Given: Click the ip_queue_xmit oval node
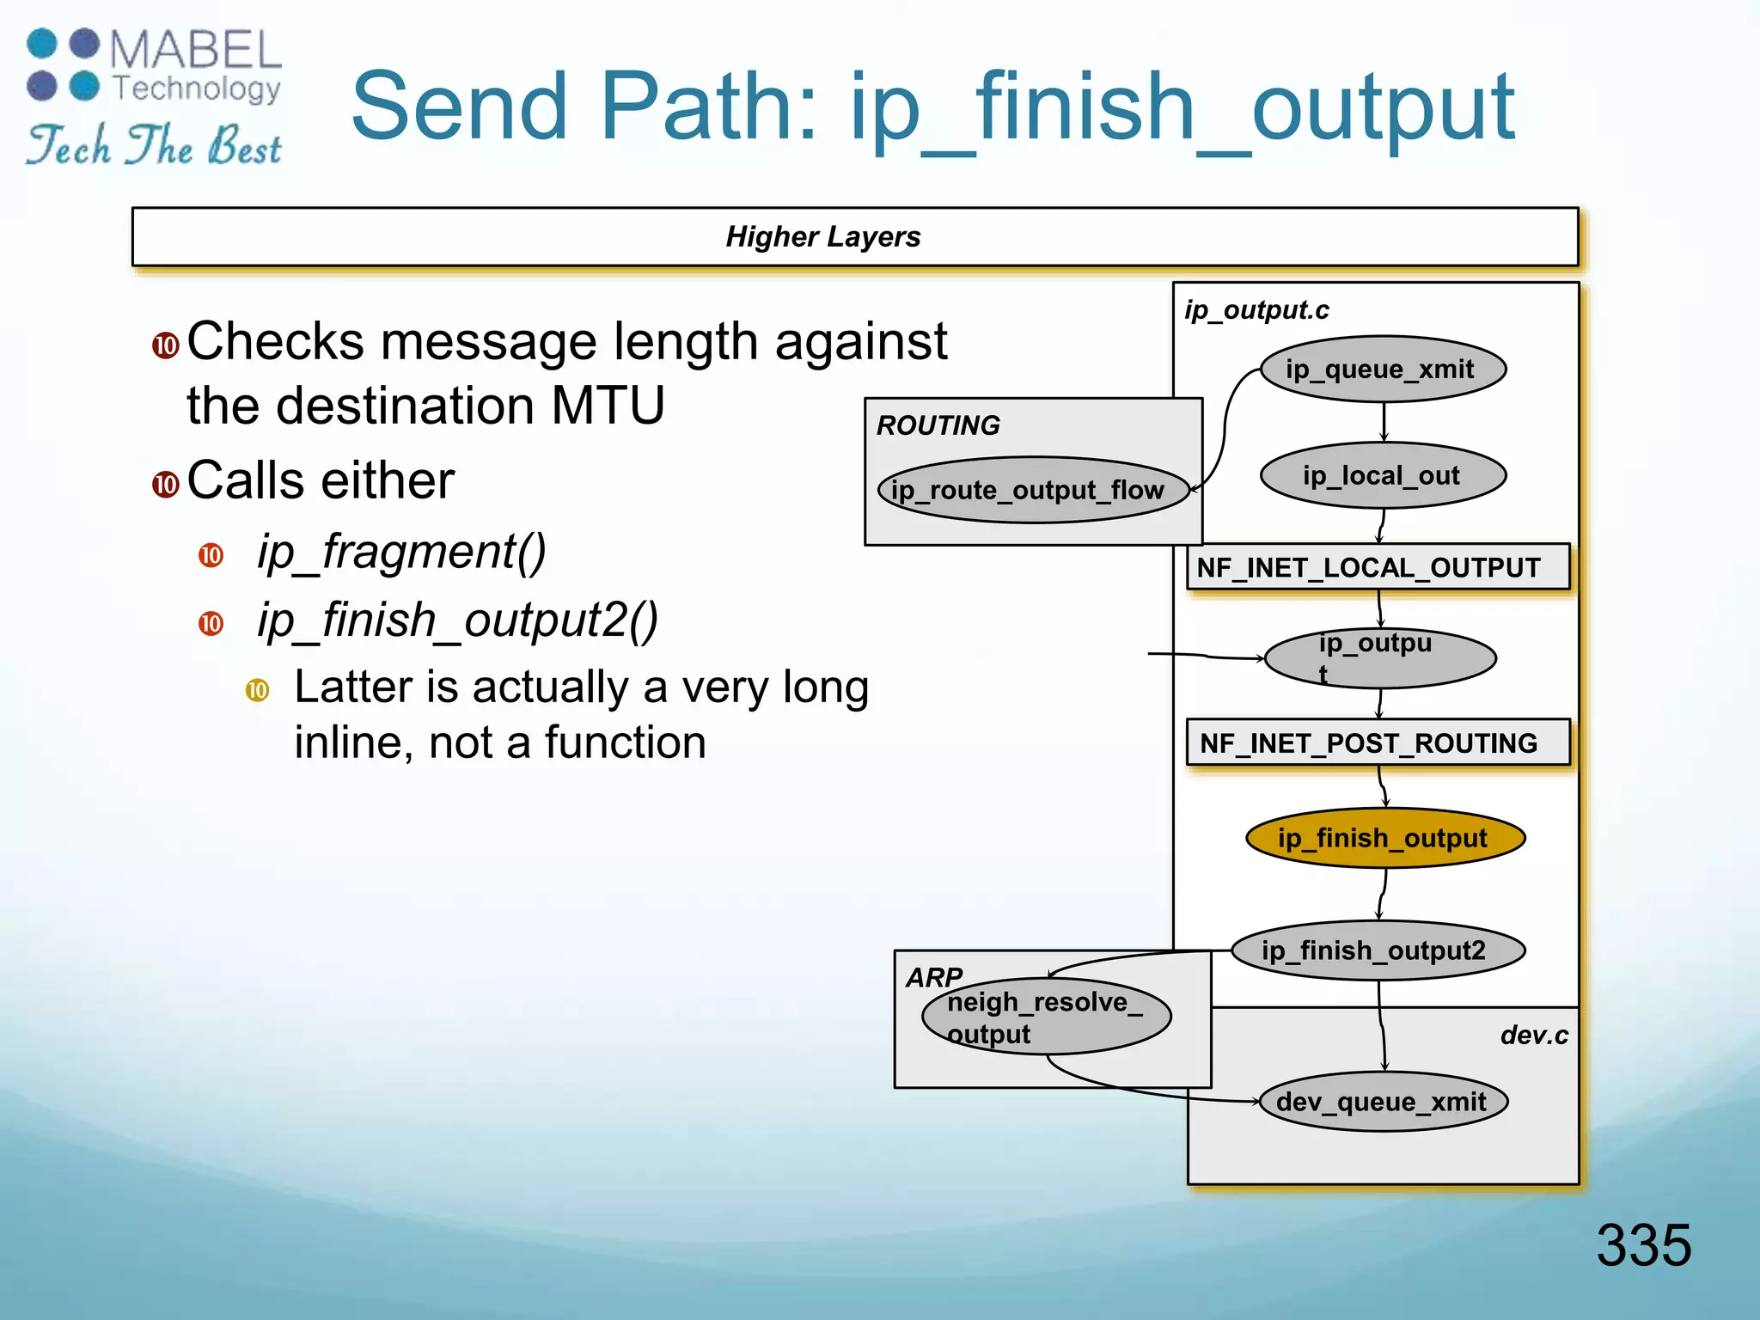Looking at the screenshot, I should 1382,370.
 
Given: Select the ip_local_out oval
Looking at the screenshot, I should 1382,475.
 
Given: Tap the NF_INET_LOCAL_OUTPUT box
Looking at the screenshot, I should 1378,567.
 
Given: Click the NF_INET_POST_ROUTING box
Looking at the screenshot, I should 1378,742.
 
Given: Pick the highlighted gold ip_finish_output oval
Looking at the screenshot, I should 1384,838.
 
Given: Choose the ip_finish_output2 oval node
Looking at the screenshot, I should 1378,950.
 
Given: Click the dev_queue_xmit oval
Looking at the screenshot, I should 1383,1102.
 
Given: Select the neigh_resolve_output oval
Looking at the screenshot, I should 1046,1017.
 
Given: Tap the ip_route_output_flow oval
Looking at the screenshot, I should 1032,490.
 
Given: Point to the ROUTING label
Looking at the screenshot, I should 938,425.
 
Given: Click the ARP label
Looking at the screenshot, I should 933,977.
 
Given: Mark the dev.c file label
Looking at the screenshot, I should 1533,1036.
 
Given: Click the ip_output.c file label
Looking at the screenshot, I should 1256,310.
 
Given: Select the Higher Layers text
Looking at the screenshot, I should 822,236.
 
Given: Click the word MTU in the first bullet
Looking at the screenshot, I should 608,406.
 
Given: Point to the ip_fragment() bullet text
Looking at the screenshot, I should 401,552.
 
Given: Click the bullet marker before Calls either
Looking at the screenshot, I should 165,484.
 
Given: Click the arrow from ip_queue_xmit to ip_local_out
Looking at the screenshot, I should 1384,422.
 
